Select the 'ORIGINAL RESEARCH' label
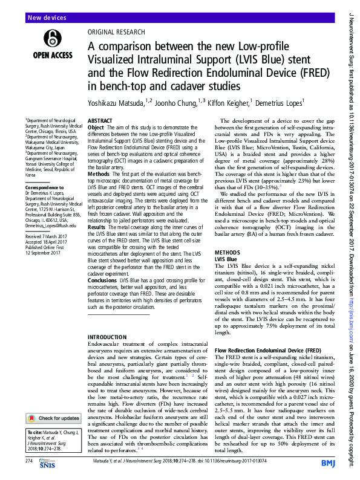116,32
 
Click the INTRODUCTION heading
109,337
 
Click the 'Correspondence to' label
44,188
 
